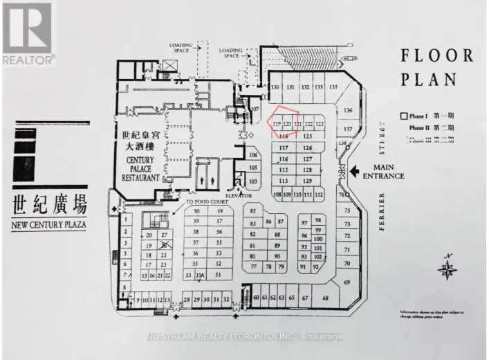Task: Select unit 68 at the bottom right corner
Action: click(x=325, y=298)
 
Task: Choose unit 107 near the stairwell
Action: click(x=255, y=109)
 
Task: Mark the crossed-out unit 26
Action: click(x=164, y=244)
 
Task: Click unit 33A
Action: click(x=200, y=275)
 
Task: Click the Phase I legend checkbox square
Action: click(x=403, y=116)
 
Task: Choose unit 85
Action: click(x=253, y=210)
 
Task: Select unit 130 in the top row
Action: click(x=275, y=87)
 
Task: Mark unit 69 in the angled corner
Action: click(x=347, y=282)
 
